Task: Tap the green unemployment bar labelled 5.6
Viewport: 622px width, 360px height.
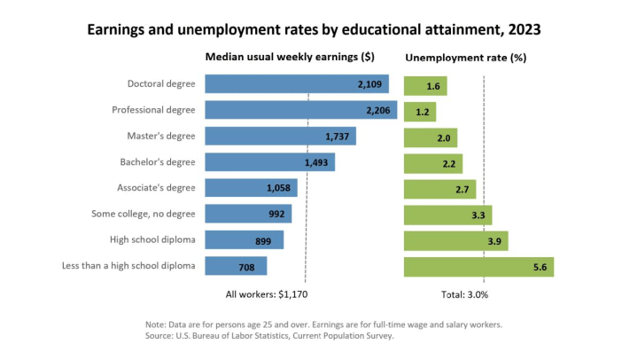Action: click(478, 266)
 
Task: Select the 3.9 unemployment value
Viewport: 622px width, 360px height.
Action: click(494, 240)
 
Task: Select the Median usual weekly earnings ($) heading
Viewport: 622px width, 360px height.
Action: click(290, 57)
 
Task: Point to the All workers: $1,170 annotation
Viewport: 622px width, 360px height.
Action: click(267, 293)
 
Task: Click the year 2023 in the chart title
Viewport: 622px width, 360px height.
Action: click(520, 29)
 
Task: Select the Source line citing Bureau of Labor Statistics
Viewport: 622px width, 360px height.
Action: click(269, 336)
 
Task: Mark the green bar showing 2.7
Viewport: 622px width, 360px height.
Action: click(439, 189)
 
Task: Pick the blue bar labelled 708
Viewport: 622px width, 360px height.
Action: click(236, 266)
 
